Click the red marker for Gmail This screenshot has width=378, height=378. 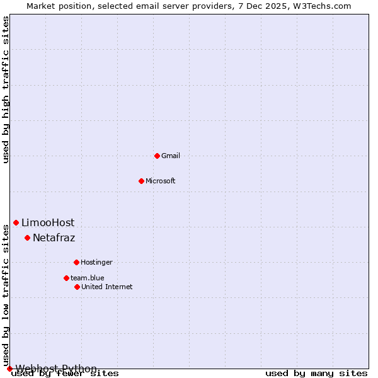[157, 156]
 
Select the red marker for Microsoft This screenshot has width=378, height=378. [141, 181]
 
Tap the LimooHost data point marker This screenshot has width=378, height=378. [16, 222]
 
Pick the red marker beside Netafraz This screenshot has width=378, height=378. [27, 238]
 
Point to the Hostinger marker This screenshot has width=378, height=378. [76, 262]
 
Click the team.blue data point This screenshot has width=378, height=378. [66, 278]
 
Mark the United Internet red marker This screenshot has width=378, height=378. [77, 287]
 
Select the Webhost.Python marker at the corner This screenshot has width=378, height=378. [9, 369]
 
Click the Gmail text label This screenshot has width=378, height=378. [171, 156]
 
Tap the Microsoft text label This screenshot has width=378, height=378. [161, 181]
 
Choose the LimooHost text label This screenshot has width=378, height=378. [48, 222]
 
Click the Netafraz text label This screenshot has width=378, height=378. [54, 238]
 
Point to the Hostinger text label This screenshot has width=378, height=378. [96, 262]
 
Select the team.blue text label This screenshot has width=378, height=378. [88, 278]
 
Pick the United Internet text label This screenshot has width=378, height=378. [107, 287]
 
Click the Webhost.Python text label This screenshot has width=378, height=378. [56, 369]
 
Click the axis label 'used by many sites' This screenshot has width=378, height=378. [316, 373]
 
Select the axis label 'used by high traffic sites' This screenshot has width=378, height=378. [6, 89]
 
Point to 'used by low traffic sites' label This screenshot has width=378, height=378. [6, 295]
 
